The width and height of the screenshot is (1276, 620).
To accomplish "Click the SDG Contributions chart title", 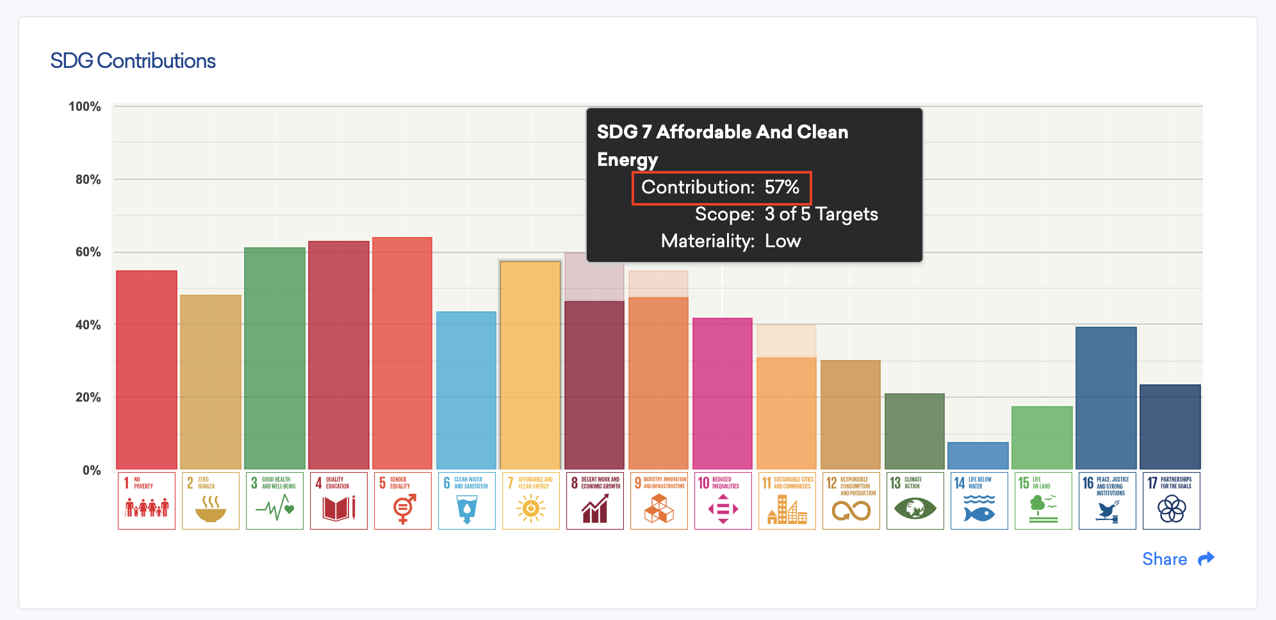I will coord(133,61).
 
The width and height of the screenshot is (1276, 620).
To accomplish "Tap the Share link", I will coord(1164,559).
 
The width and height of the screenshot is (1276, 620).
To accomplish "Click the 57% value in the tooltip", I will coord(781,187).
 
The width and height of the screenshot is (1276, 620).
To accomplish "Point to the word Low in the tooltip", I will coord(783,241).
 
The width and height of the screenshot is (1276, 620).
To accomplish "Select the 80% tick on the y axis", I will coord(88,179).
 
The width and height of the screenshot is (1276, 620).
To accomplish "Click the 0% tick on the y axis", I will coord(92,470).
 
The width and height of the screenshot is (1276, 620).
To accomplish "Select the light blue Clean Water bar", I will coord(466,391).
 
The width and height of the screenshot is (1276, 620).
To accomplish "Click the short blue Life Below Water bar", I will coord(978,456).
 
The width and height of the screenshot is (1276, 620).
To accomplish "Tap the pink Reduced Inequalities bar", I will coord(723,394).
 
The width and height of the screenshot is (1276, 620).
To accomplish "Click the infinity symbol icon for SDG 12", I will coord(851,510).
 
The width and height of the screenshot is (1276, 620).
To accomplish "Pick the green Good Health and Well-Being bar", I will coord(275,359).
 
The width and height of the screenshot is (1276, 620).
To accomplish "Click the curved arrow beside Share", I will coord(1206,559).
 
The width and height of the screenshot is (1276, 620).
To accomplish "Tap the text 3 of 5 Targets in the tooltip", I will coord(821,214).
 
